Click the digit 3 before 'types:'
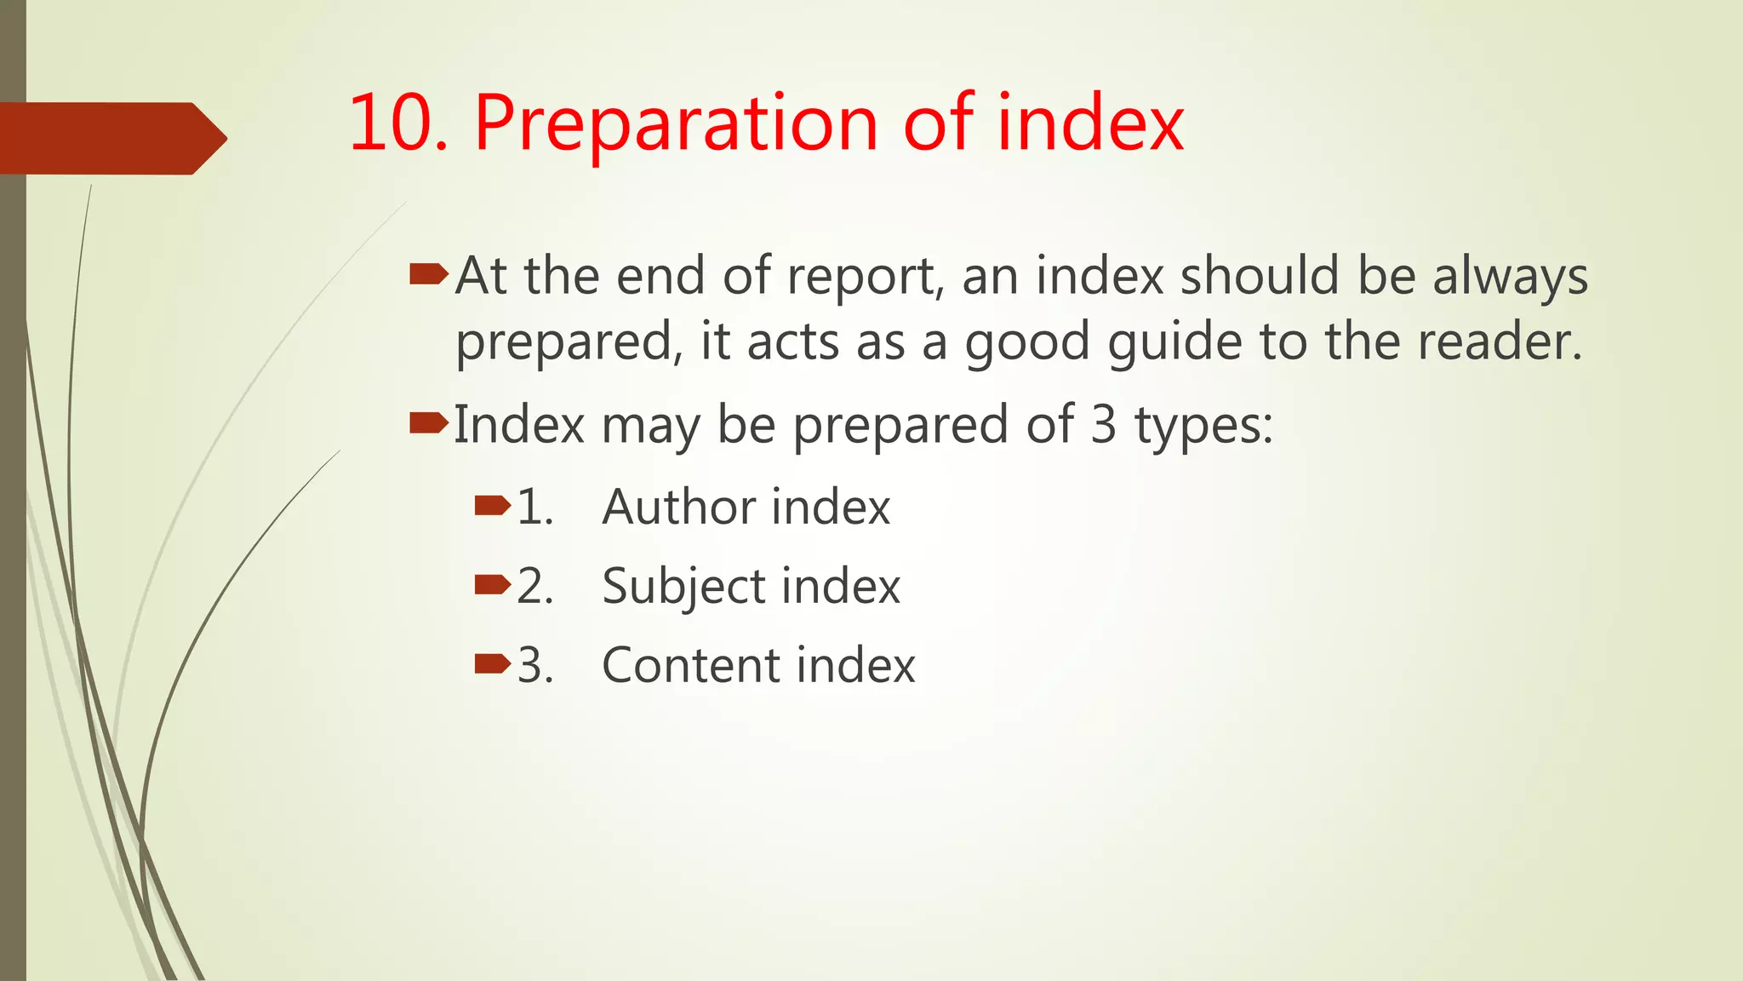(1102, 424)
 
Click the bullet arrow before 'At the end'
(428, 274)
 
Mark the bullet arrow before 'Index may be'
(428, 422)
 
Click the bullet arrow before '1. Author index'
(493, 507)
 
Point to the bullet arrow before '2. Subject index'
(493, 585)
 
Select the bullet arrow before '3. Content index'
(493, 663)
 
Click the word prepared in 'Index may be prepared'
(900, 426)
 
